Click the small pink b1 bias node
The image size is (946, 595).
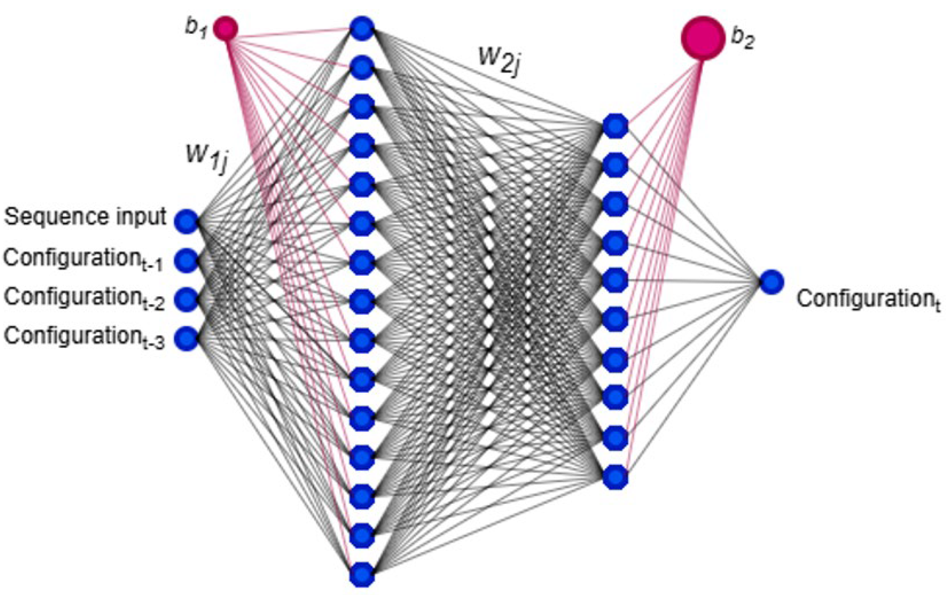[x=225, y=29]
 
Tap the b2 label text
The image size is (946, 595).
[x=743, y=40]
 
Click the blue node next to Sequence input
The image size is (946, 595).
[x=187, y=221]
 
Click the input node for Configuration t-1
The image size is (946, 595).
[x=187, y=260]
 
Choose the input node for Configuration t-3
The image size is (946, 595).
[x=187, y=338]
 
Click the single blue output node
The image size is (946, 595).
[x=772, y=282]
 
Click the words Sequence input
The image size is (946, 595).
[x=85, y=217]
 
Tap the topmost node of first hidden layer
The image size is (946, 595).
[x=362, y=28]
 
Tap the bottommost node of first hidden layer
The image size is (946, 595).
[x=362, y=574]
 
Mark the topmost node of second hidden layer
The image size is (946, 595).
[x=615, y=126]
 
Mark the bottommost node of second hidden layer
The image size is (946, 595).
[x=615, y=477]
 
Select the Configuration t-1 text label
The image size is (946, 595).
[x=83, y=259]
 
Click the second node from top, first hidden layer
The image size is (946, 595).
[x=362, y=68]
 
